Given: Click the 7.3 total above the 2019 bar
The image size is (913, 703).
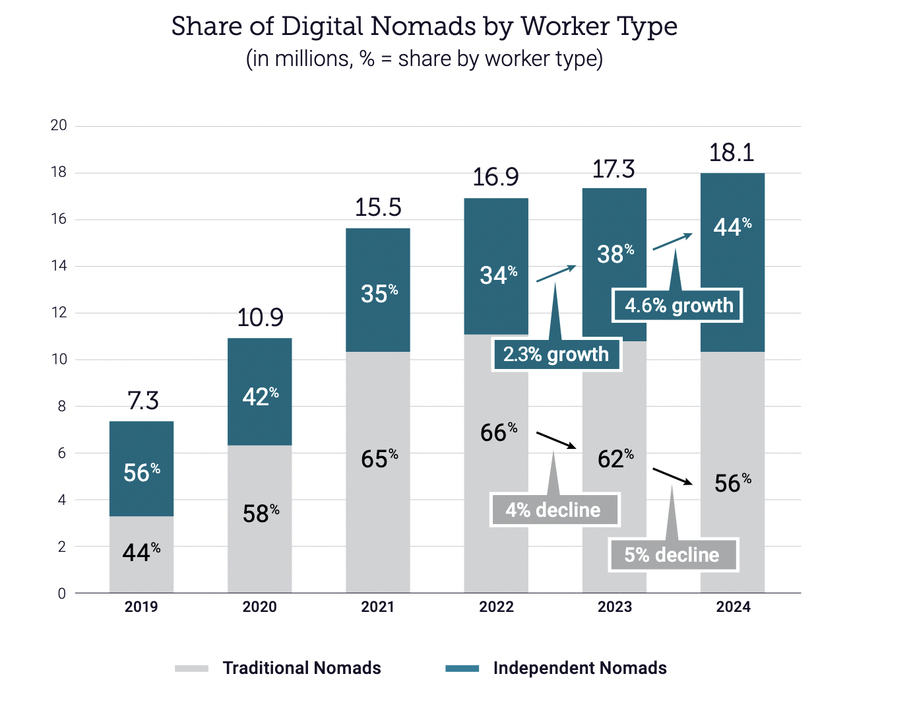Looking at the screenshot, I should click(x=143, y=401).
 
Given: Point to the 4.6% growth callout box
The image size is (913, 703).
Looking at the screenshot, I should click(x=677, y=306).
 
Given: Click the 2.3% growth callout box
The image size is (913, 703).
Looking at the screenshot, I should click(x=556, y=354).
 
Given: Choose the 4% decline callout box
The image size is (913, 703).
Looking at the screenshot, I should click(x=554, y=510).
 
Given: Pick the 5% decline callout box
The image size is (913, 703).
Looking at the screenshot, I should click(x=672, y=554).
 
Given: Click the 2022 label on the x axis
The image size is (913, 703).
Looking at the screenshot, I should click(x=496, y=607).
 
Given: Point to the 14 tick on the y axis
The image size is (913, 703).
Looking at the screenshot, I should click(x=59, y=266).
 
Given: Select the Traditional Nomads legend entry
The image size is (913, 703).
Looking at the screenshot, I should click(x=301, y=668).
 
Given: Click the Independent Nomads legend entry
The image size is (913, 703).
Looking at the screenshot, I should click(x=579, y=668).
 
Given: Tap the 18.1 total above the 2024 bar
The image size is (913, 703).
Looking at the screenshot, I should click(x=731, y=153).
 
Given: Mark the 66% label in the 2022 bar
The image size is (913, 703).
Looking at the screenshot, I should click(x=498, y=432).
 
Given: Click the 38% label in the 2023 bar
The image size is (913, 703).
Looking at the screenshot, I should click(x=615, y=253).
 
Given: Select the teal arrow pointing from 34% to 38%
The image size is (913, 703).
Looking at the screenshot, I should click(x=556, y=273).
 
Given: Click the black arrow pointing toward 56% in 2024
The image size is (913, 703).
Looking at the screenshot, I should click(x=672, y=476).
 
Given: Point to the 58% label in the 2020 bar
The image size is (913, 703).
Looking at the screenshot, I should click(x=261, y=514).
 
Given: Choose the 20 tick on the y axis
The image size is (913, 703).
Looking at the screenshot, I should click(x=59, y=125).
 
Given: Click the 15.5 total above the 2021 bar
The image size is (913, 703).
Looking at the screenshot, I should click(x=378, y=208).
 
